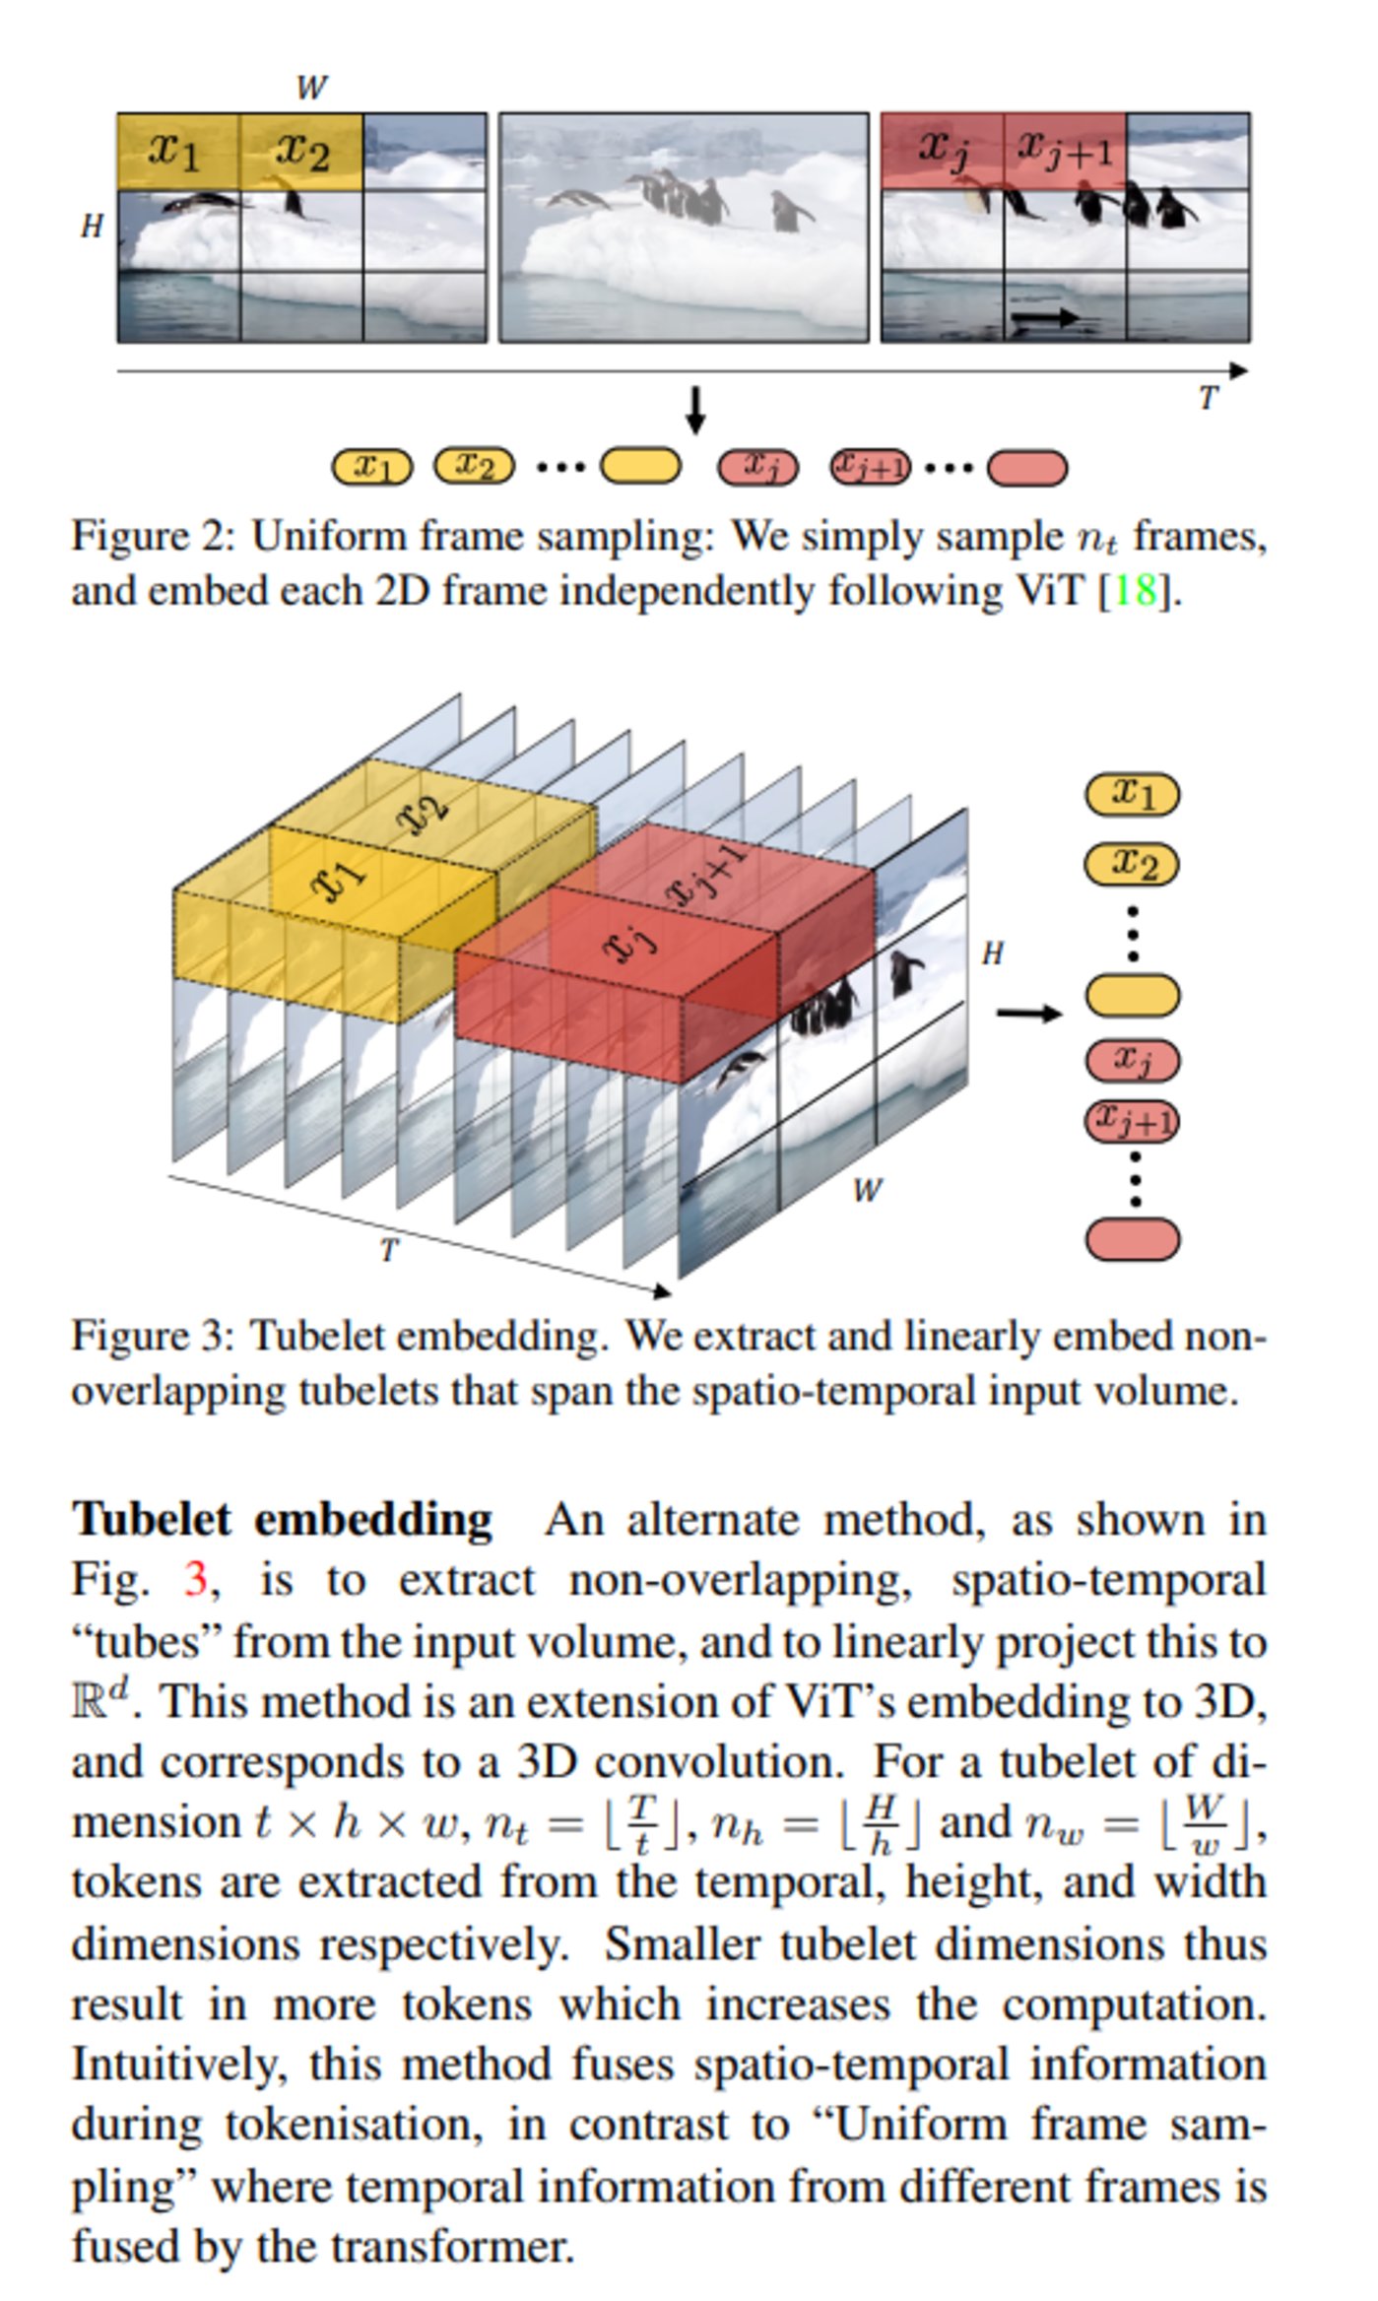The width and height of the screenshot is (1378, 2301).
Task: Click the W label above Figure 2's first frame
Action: coord(310,88)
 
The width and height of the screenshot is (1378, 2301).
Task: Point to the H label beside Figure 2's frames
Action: coord(92,227)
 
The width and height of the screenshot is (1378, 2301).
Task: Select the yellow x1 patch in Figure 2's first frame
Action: coord(177,151)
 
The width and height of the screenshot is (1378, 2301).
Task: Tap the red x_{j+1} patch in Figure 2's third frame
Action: coord(1064,151)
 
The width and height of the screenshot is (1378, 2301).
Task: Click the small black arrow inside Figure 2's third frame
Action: coord(1043,317)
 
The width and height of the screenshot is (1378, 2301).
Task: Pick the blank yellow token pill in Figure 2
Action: coord(640,466)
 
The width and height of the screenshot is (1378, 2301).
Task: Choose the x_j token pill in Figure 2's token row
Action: coord(756,466)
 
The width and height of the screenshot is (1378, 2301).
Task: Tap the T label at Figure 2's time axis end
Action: coord(1208,398)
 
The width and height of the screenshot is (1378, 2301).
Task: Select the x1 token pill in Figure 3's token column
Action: coord(1132,793)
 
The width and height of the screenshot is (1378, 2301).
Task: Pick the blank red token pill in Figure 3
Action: coord(1132,1239)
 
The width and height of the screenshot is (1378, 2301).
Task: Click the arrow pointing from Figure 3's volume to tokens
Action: coord(1028,1013)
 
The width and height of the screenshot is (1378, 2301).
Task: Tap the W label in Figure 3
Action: coord(866,1191)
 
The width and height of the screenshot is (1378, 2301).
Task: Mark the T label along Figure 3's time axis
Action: coord(389,1251)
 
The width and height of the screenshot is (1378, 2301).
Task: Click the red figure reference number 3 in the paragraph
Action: coord(195,1580)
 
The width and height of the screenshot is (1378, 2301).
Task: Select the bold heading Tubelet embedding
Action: coord(282,1519)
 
